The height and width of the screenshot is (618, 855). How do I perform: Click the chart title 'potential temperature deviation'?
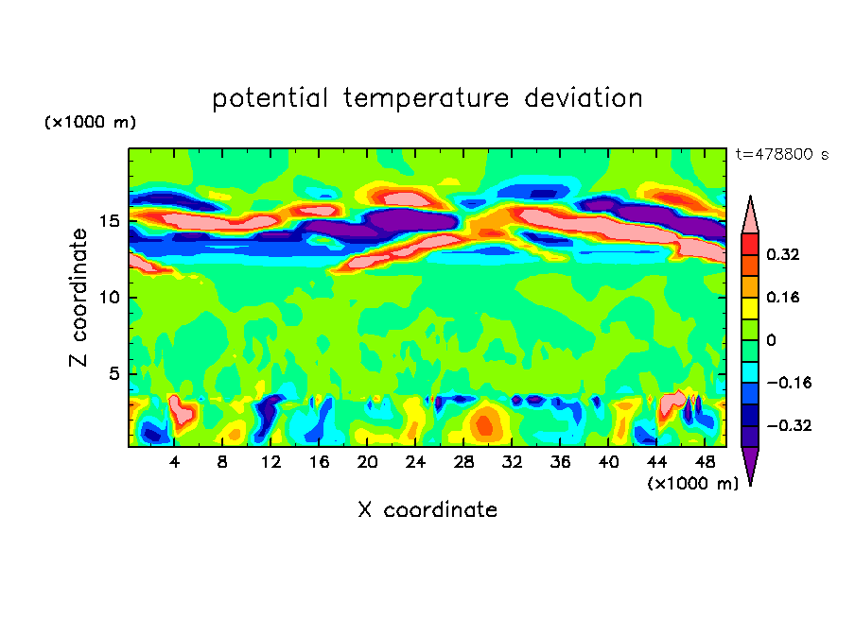[427, 99]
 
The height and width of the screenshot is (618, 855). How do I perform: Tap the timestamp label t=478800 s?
[781, 154]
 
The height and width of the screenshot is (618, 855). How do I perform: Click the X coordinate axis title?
[427, 510]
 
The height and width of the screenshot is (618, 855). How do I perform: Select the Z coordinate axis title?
[79, 298]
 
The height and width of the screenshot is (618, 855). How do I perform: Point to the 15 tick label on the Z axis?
[110, 222]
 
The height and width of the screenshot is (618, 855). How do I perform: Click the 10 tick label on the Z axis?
[110, 298]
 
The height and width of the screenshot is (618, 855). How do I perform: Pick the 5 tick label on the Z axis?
[114, 373]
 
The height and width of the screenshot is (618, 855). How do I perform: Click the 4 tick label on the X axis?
[174, 462]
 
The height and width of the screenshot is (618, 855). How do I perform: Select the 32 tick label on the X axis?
[512, 462]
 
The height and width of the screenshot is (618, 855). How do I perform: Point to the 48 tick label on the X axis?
[705, 462]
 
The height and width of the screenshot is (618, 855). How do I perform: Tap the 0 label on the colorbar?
[772, 340]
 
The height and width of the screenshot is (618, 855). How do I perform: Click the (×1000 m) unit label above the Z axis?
[91, 123]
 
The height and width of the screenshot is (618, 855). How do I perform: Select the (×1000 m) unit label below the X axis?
[692, 483]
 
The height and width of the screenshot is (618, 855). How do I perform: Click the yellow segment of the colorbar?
[750, 308]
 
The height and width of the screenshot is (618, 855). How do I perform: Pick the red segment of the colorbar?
[750, 244]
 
